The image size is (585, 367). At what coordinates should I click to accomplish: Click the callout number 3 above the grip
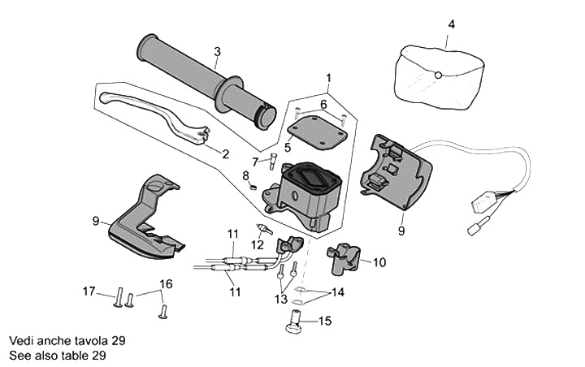click(x=218, y=52)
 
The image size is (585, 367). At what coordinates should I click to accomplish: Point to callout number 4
click(x=452, y=24)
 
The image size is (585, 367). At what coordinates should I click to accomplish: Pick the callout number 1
click(x=329, y=79)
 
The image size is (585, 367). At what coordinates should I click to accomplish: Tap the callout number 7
click(x=254, y=162)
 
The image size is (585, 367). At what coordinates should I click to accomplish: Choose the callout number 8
click(x=245, y=175)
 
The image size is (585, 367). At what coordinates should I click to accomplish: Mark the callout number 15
click(x=324, y=322)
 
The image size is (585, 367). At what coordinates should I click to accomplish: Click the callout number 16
click(x=166, y=284)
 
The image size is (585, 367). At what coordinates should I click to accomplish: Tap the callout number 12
click(x=257, y=244)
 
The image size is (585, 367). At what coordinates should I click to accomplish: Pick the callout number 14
click(x=337, y=292)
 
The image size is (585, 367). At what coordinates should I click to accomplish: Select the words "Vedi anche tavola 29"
click(x=67, y=341)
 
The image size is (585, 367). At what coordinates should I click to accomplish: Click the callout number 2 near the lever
click(x=225, y=153)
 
